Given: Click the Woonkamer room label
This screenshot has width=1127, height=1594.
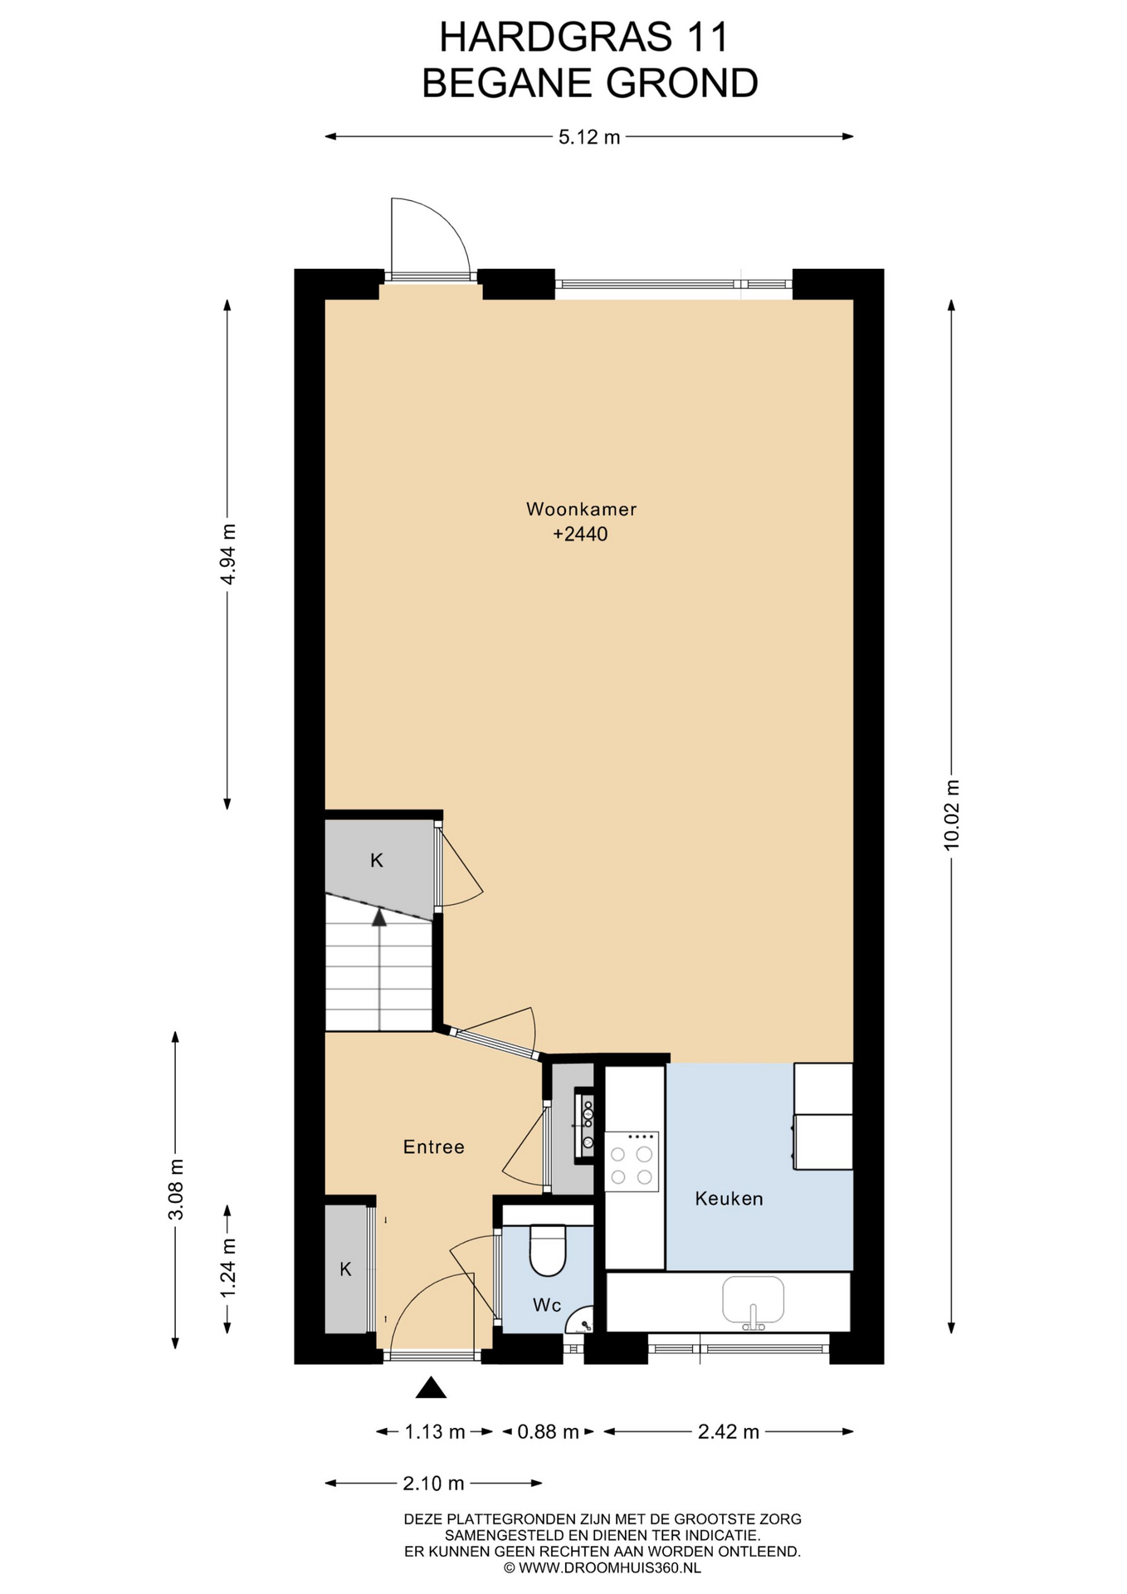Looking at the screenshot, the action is pos(581,509).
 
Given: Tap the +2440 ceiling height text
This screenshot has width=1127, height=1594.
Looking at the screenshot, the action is pos(581,534).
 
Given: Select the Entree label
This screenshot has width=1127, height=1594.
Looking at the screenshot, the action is pos(433,1147).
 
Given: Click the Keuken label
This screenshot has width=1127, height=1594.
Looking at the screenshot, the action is pos(729,1198).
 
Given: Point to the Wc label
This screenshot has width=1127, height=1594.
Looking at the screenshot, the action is pos(547,1305).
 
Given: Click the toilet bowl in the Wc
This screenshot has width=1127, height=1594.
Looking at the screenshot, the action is pos(548,1251).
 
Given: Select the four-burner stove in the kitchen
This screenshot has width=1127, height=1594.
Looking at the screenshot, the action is pos(632,1161).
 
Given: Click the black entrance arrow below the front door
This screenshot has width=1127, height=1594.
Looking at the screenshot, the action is pos(431,1387).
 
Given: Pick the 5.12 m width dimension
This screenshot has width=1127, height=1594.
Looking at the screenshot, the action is pos(589,137).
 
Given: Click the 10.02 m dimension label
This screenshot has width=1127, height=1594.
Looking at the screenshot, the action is pos(952,814).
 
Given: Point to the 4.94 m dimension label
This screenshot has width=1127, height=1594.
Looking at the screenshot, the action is pos(227,554).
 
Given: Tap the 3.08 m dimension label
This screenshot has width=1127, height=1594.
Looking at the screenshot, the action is pos(175,1190).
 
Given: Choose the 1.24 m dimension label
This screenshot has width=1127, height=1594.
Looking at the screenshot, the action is pos(227,1268).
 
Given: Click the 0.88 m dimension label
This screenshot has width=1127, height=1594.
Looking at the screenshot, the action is pos(548,1431).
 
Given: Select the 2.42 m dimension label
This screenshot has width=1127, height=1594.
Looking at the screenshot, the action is pos(729,1431).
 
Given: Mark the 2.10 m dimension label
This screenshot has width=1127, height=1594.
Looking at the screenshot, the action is pos(433,1483).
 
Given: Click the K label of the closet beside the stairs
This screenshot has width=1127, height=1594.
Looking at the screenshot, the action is pos(376,860).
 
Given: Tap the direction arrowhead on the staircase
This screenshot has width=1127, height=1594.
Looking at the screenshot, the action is pos(379,917).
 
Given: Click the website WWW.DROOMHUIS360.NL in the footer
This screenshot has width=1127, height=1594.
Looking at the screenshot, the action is pos(610,1568).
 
